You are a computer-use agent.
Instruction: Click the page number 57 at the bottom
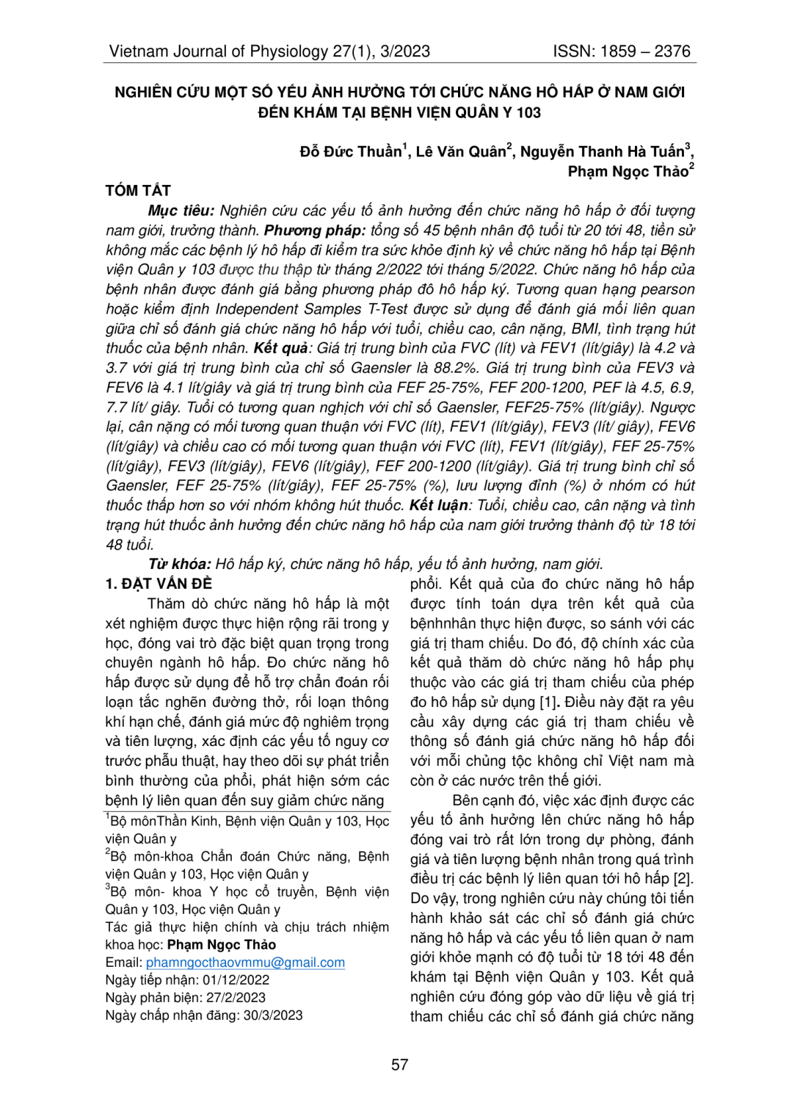click(399, 1065)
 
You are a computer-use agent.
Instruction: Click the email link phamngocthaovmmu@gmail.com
click(245, 963)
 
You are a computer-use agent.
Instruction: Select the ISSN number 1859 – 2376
click(645, 51)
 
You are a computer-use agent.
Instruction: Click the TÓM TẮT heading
click(138, 191)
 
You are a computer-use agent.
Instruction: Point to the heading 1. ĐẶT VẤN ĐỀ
click(159, 584)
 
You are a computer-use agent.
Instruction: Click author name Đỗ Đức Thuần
click(351, 152)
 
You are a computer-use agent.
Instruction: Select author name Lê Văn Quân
click(461, 152)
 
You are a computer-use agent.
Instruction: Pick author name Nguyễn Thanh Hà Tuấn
click(602, 152)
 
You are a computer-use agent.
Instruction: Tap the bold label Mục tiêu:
click(181, 211)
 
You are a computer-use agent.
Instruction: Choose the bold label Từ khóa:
click(179, 565)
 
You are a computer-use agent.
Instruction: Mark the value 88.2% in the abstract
click(460, 368)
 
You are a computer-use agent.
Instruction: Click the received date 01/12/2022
click(236, 980)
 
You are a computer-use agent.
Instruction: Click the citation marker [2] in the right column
click(683, 879)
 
